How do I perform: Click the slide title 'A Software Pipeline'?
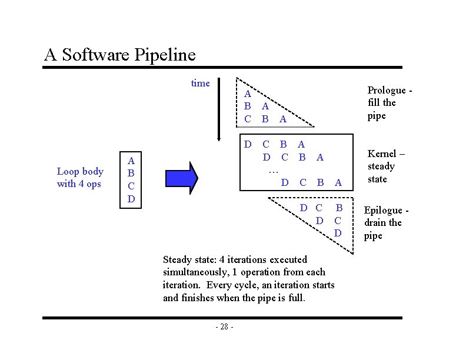[119, 55]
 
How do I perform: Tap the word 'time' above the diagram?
[200, 83]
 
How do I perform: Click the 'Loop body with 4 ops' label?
[80, 178]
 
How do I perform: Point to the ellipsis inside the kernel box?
[273, 170]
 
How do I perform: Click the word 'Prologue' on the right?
[385, 90]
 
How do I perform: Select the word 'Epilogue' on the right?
[384, 210]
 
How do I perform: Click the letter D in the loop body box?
[131, 199]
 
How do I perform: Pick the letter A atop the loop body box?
[131, 160]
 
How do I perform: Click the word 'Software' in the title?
[96, 55]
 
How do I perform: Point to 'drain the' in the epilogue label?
[382, 222]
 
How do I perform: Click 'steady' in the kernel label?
[381, 166]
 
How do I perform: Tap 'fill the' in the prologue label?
[382, 102]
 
